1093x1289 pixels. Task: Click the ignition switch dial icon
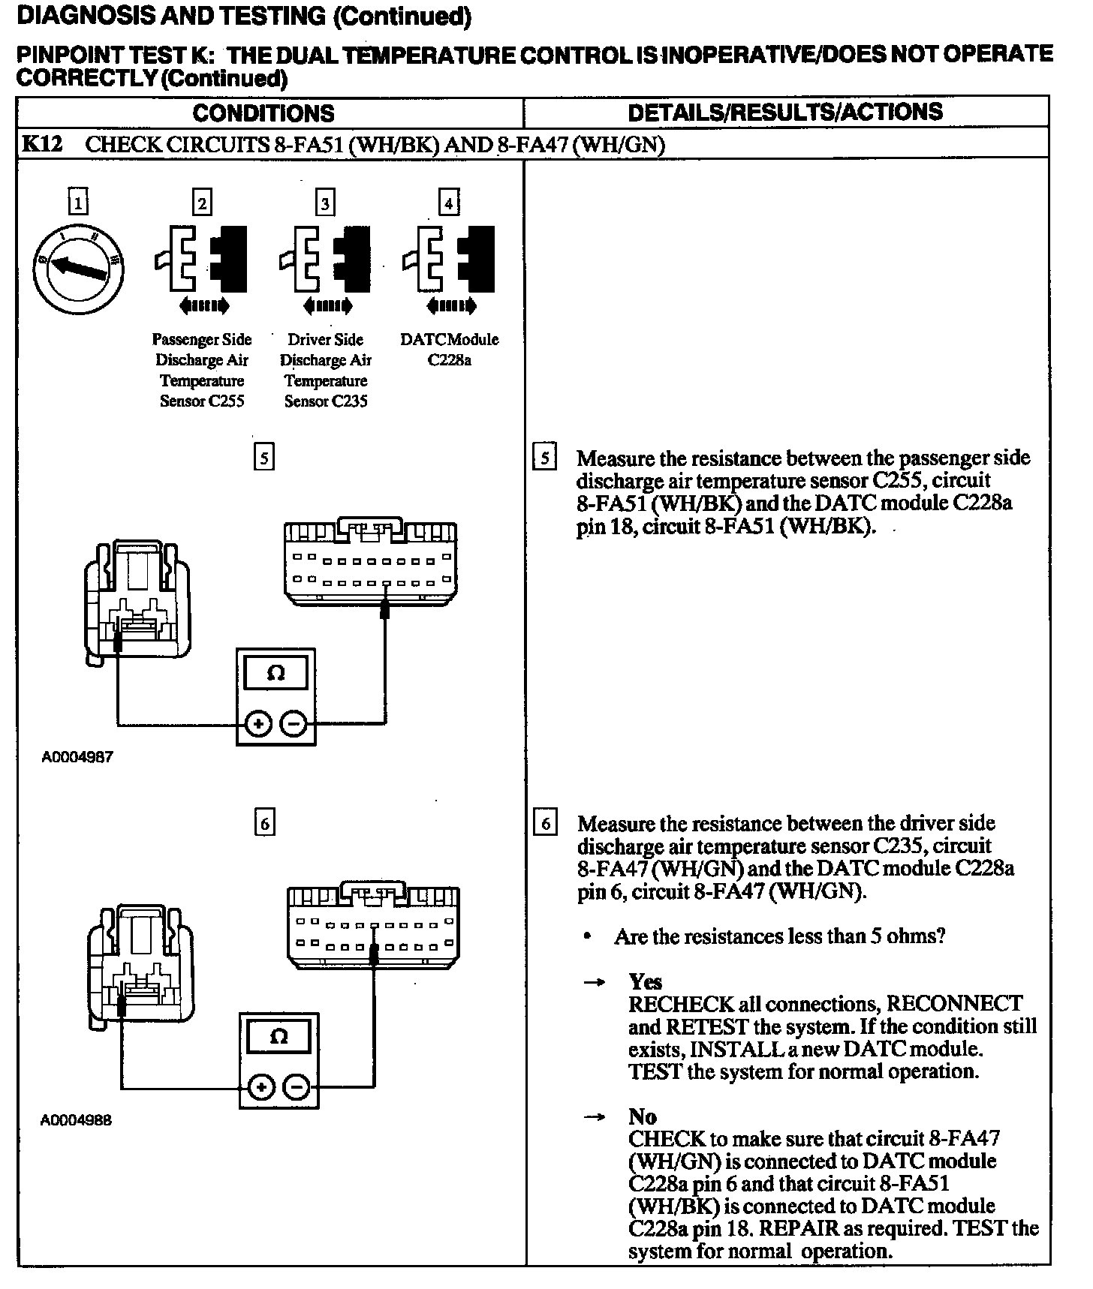pyautogui.click(x=78, y=269)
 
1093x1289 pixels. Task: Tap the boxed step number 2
pyautogui.click(x=201, y=203)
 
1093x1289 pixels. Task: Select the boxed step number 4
pyautogui.click(x=448, y=203)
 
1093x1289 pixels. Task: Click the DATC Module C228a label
pyautogui.click(x=449, y=350)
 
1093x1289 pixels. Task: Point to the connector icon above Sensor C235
pyautogui.click(x=326, y=259)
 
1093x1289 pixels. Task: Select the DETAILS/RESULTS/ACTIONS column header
pyautogui.click(x=784, y=113)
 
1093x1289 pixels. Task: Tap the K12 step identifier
pyautogui.click(x=41, y=144)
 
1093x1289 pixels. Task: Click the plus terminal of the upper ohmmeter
pyautogui.click(x=258, y=724)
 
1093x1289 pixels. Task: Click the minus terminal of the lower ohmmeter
pyautogui.click(x=297, y=1087)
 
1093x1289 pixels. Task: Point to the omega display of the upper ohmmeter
pyautogui.click(x=276, y=673)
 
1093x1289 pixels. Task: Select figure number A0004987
pyautogui.click(x=77, y=757)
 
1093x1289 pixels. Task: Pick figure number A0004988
pyautogui.click(x=76, y=1120)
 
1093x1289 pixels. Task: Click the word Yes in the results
pyautogui.click(x=645, y=982)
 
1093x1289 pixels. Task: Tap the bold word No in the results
pyautogui.click(x=642, y=1116)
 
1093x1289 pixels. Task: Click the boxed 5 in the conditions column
pyautogui.click(x=263, y=457)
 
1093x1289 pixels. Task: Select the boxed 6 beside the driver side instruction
pyautogui.click(x=545, y=824)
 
